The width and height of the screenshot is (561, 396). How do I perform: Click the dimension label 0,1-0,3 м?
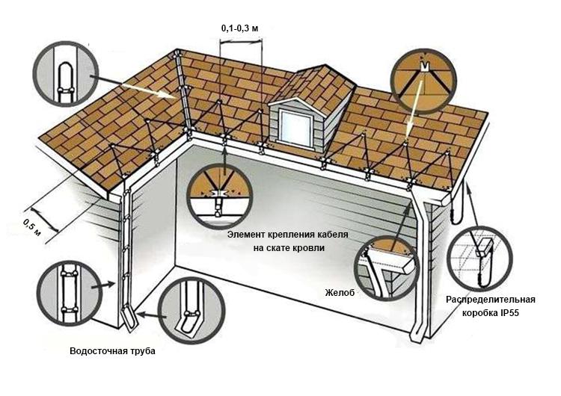coord(239,28)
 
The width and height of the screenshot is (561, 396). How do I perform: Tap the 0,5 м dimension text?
coord(32,227)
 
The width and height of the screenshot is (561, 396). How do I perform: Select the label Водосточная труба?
coord(112,351)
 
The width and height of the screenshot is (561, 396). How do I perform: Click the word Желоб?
coord(340,293)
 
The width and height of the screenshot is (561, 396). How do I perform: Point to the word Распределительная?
coord(491,300)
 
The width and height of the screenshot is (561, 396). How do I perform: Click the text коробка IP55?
coord(491,313)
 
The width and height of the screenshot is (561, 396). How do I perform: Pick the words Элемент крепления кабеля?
coord(288,235)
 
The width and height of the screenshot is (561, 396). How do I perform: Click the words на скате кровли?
coord(289,247)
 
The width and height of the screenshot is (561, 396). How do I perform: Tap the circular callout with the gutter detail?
coord(387,268)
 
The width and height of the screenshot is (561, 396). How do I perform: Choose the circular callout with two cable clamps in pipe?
coord(70,293)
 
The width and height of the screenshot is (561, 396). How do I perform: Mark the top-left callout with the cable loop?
coord(66,74)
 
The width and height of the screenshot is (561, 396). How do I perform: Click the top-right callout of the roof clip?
coord(423,81)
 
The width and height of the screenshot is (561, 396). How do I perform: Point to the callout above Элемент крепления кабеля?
coord(220,197)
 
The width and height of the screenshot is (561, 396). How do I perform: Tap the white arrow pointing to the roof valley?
coord(148,90)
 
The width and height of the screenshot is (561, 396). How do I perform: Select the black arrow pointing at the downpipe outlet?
coord(152,315)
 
